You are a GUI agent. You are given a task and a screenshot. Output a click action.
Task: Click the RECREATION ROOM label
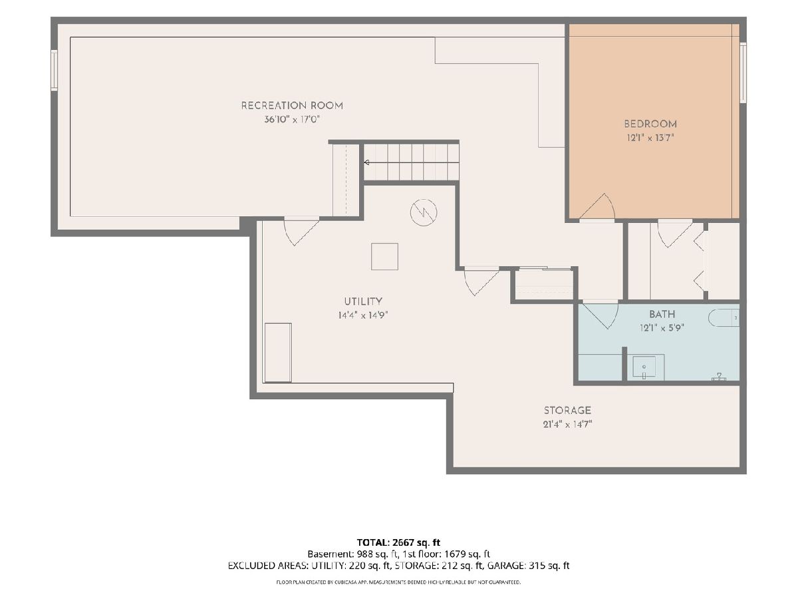click(292, 106)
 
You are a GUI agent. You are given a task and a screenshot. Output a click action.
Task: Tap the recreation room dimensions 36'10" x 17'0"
click(292, 119)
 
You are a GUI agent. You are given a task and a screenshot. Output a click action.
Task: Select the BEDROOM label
click(650, 124)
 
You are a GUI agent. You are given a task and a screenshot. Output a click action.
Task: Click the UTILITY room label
click(363, 301)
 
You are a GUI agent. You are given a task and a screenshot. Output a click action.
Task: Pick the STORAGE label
click(567, 410)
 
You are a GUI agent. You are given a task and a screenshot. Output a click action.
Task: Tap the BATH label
click(662, 314)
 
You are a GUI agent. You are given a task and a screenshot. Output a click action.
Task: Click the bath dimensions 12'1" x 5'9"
click(662, 328)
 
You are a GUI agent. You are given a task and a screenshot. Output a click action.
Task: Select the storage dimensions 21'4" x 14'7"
click(567, 424)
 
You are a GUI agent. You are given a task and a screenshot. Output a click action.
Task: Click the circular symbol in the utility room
click(424, 212)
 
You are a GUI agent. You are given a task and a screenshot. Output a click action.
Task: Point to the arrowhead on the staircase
click(367, 162)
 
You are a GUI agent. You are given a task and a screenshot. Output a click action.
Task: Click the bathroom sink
click(644, 367)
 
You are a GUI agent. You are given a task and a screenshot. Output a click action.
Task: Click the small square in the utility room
click(384, 256)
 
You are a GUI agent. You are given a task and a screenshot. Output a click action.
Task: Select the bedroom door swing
click(597, 206)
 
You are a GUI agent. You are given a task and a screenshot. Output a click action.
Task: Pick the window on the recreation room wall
click(54, 70)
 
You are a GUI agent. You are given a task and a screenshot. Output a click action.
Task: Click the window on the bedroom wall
click(743, 73)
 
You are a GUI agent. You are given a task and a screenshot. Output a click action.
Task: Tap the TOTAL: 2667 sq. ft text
click(398, 542)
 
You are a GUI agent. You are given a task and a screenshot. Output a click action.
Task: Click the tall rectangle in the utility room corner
click(278, 353)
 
